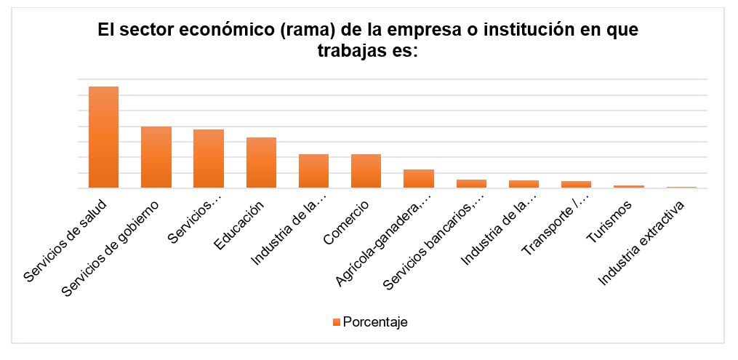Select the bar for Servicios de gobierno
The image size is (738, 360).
[x=156, y=157]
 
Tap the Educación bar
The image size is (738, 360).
[x=261, y=162]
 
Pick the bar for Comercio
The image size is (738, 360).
[x=366, y=171]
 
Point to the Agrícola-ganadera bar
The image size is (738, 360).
[x=418, y=179]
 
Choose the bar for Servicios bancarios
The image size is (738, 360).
[x=471, y=183]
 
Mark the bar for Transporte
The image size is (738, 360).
[x=576, y=184]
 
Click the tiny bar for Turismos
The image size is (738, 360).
[x=629, y=187]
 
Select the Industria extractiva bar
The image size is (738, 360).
[x=681, y=188]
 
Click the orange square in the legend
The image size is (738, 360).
[x=336, y=322]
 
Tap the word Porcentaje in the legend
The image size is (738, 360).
[x=375, y=322]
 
